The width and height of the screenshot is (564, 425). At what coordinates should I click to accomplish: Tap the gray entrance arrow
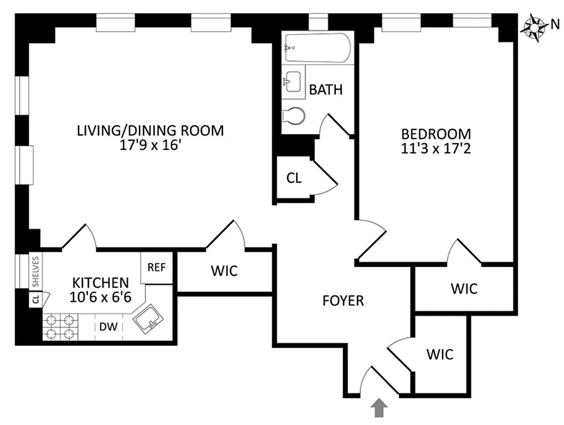click(x=378, y=409)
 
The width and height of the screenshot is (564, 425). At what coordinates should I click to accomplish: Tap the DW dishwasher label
click(x=109, y=327)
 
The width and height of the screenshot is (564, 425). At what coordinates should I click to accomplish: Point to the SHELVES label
click(x=36, y=271)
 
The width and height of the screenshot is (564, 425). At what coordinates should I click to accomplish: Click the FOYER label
click(x=343, y=301)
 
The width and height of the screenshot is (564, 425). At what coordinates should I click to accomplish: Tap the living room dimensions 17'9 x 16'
click(x=150, y=145)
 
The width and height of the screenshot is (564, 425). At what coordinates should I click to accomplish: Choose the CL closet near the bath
click(x=294, y=178)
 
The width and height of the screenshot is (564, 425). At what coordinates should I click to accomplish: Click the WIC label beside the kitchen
click(x=224, y=271)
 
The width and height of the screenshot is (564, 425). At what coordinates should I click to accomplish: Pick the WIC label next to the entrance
click(x=440, y=354)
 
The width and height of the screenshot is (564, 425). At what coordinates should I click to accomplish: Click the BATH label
click(x=326, y=90)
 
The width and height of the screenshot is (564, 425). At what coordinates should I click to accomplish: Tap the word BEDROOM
click(x=436, y=134)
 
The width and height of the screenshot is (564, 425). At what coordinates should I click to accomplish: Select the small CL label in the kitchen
click(x=36, y=300)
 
